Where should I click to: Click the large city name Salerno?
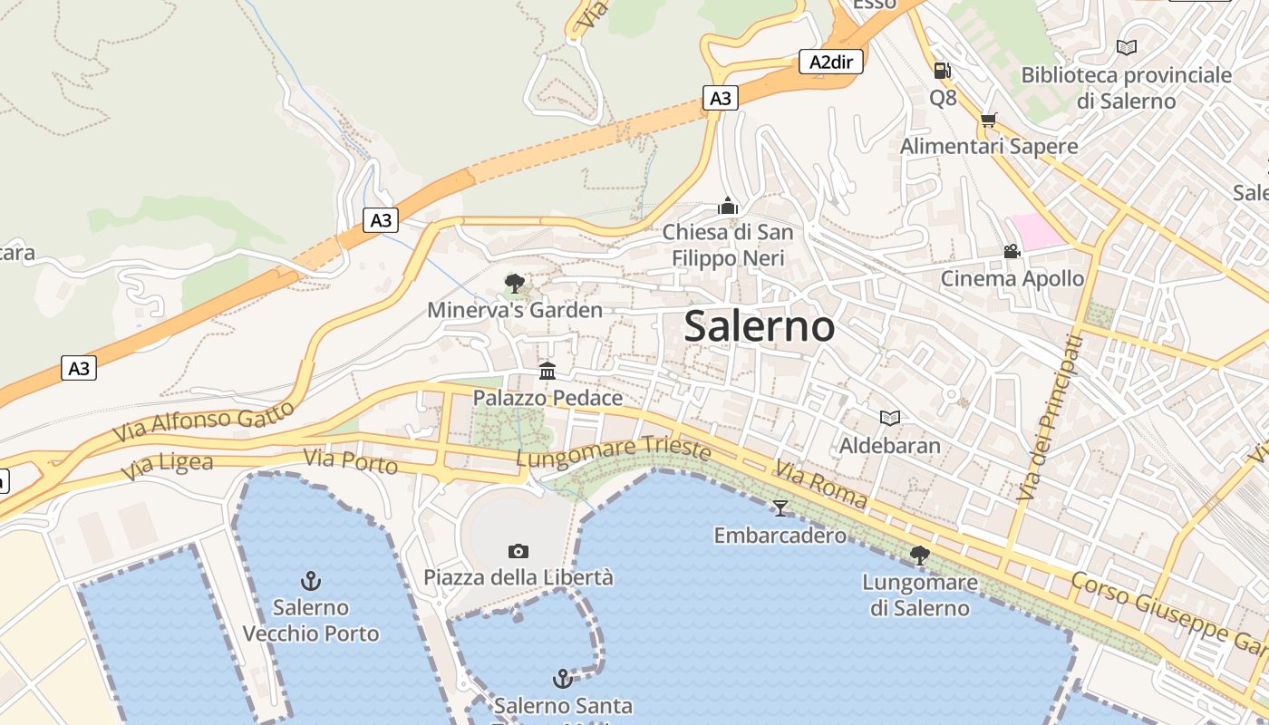point(759,326)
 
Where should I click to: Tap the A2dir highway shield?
point(831,62)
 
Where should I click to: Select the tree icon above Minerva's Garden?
point(515,284)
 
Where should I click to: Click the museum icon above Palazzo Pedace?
point(547,371)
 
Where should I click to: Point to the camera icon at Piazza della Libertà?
point(518,551)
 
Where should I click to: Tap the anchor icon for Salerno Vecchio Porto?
point(311,580)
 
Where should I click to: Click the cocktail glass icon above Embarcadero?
point(780,508)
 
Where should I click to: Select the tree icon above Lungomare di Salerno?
point(920,555)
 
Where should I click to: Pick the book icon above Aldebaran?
point(890,418)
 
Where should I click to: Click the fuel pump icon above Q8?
point(943,70)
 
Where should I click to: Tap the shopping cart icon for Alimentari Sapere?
point(988,120)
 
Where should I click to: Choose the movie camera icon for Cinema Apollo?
point(1012,251)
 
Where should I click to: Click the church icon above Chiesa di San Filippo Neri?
point(728,207)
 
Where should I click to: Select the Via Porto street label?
point(351,461)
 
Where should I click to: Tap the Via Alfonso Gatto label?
point(204,421)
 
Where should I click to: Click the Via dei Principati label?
point(1050,419)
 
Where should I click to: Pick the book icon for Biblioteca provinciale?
point(1127,47)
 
